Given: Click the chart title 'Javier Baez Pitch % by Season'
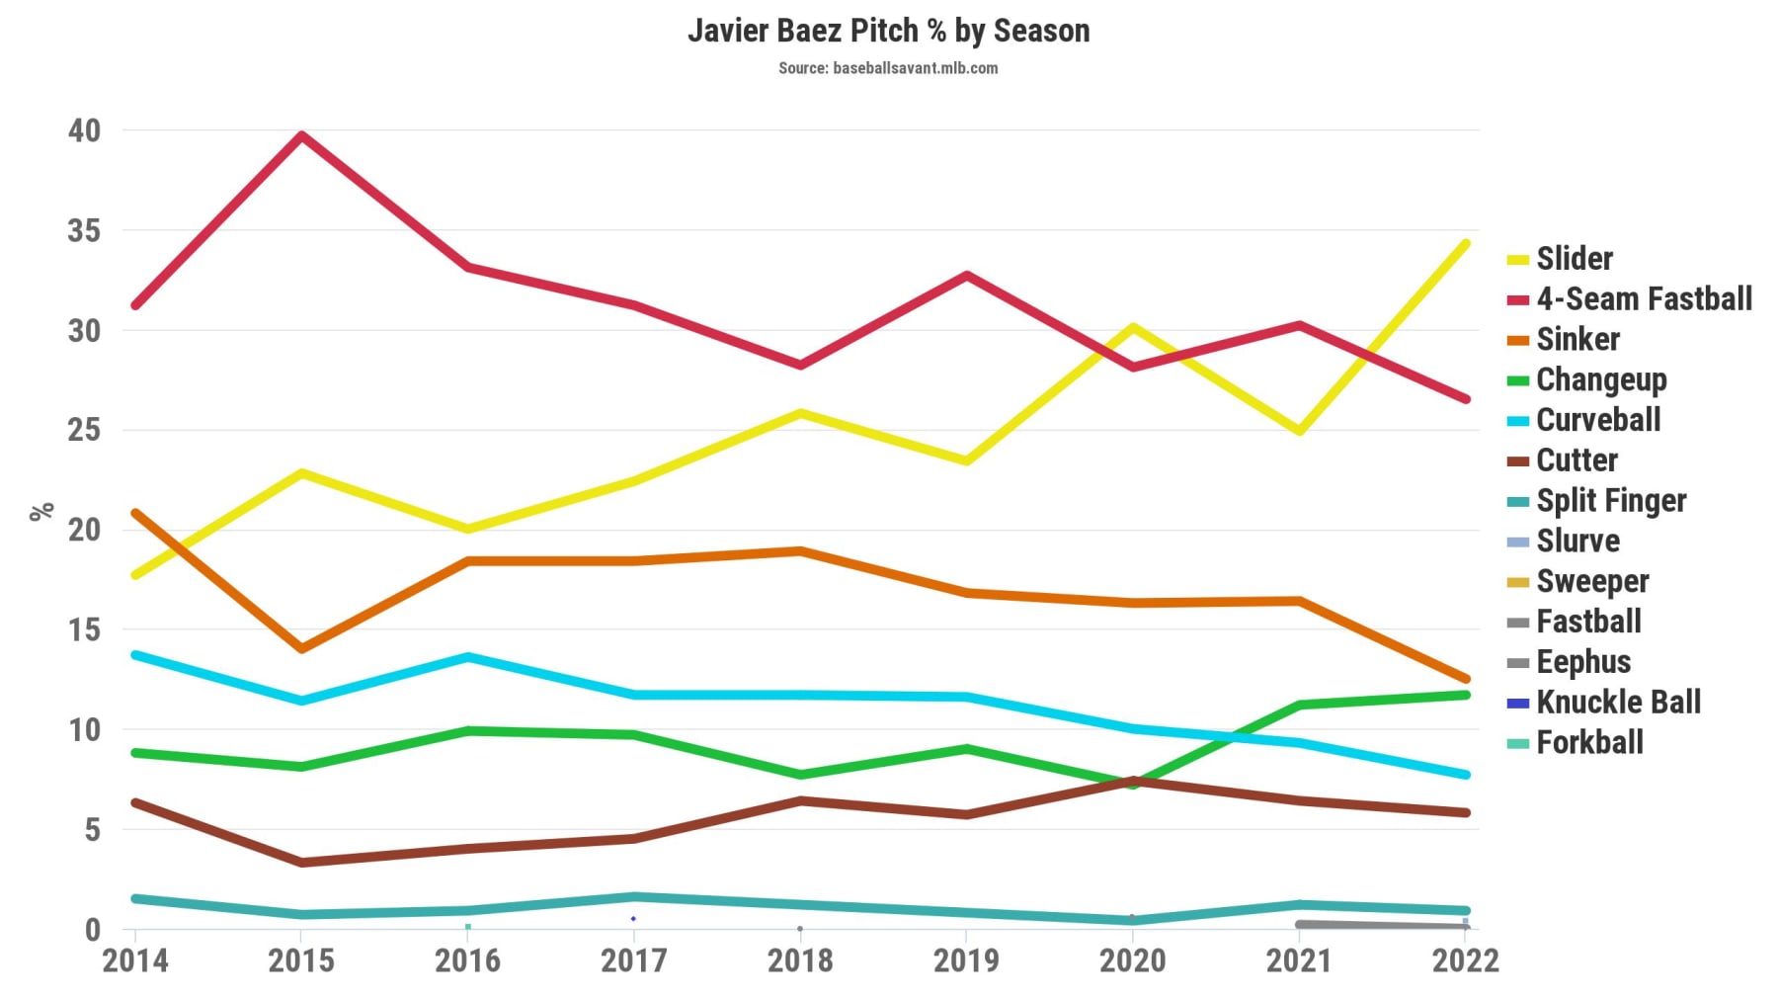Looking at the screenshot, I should tap(888, 31).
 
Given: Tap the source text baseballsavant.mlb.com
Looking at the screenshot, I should tap(888, 68).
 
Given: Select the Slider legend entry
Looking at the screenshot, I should tap(1574, 259).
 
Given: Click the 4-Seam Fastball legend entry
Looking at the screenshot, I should tap(1644, 299).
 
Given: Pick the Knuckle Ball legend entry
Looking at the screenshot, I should tap(1618, 703).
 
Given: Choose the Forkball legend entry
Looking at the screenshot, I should tap(1589, 743).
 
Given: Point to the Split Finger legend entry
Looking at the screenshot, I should tap(1610, 501).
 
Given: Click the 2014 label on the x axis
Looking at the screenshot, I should tap(135, 960).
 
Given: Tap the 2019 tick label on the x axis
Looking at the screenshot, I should tap(966, 960).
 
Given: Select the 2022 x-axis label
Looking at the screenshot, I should tap(1465, 960).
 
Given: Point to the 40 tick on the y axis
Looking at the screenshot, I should tap(84, 130).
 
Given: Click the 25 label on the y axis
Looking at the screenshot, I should tap(84, 430).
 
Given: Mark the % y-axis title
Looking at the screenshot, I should tap(41, 511).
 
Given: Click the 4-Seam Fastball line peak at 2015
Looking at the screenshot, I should tap(301, 136).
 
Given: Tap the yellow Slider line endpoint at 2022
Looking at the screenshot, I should tap(1465, 244).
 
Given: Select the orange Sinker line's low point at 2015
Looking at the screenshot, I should tap(301, 649).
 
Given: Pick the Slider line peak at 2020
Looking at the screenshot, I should tap(1132, 327).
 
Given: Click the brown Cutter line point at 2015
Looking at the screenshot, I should tap(301, 863).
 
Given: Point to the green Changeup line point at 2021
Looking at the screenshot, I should tap(1299, 705).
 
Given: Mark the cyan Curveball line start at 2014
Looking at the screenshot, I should tap(135, 655).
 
